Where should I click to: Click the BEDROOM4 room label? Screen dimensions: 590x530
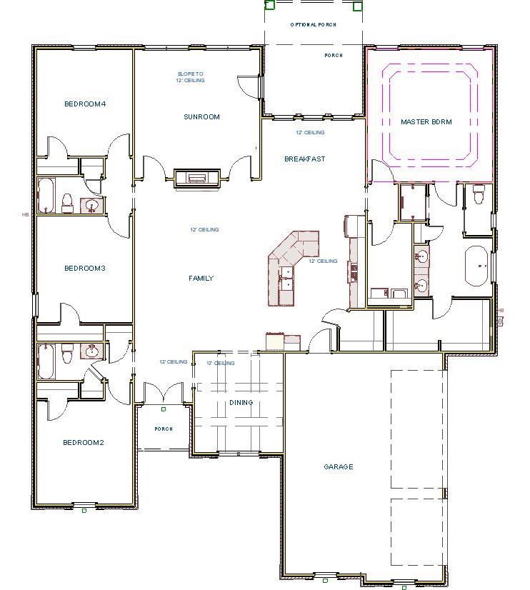tap(85, 104)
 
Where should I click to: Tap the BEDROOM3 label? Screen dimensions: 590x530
tap(85, 269)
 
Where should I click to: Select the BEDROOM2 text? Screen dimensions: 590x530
tap(84, 443)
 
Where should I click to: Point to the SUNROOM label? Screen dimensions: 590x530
tap(201, 117)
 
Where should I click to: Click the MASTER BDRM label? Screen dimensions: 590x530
tap(426, 122)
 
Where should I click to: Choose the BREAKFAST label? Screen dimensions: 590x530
tap(304, 159)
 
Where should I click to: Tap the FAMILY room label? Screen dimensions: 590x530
tap(201, 279)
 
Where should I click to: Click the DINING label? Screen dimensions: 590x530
tap(241, 403)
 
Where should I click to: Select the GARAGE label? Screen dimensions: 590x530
tap(339, 467)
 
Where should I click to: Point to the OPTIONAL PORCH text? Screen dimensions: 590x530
tap(313, 25)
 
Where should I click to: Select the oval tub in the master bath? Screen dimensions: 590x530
tap(476, 264)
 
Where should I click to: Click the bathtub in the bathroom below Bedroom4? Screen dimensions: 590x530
tap(46, 196)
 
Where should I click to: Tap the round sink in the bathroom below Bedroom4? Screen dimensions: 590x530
tap(91, 206)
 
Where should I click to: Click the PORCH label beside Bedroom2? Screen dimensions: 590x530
tap(164, 429)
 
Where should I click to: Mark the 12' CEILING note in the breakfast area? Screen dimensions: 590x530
tap(310, 133)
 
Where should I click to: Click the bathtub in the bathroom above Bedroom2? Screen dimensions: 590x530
tap(46, 361)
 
